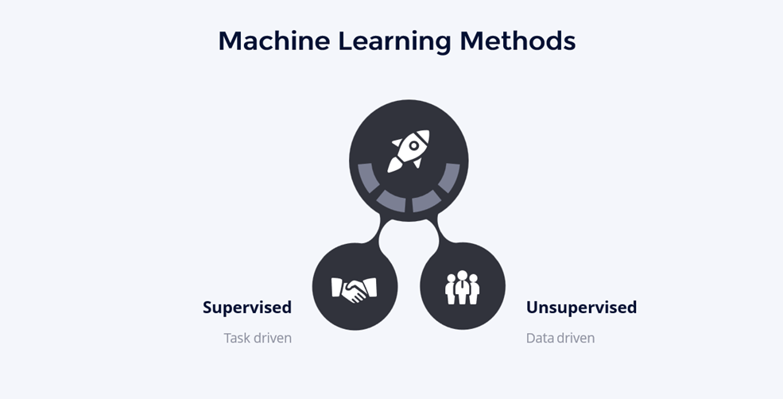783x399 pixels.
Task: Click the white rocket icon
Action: tap(408, 150)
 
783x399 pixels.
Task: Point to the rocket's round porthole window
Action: tap(413, 145)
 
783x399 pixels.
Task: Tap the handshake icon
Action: tap(354, 288)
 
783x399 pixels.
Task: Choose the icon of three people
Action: tap(462, 287)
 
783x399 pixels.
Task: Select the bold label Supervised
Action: tap(246, 307)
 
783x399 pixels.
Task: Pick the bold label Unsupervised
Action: tap(581, 307)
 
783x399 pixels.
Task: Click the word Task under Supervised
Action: tap(237, 338)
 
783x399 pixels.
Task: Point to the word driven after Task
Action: tap(273, 338)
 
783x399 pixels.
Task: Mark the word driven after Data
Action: tap(576, 338)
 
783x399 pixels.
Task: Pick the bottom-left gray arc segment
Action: tap(390, 200)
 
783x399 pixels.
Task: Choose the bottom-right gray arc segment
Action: tap(427, 200)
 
